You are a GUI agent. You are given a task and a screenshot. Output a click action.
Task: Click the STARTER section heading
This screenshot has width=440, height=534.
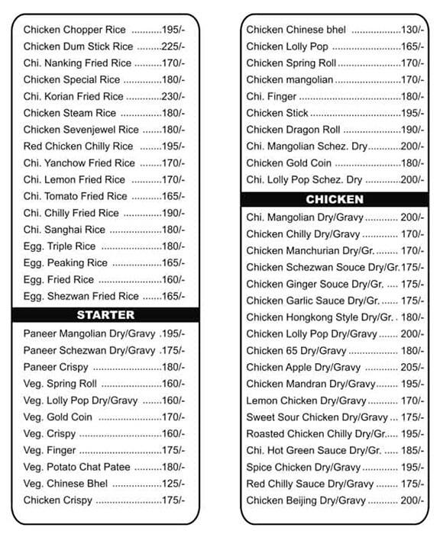pyautogui.click(x=105, y=315)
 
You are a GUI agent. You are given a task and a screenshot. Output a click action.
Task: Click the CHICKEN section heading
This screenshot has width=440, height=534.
pyautogui.click(x=335, y=200)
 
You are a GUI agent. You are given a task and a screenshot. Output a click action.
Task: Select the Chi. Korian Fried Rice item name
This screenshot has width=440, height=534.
pyautogui.click(x=73, y=97)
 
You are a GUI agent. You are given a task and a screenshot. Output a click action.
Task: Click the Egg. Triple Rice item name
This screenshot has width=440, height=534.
pyautogui.click(x=60, y=246)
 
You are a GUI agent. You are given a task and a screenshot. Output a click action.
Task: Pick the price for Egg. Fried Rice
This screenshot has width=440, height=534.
pyautogui.click(x=173, y=280)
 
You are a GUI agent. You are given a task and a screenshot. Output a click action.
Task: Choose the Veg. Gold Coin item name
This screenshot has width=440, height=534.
pyautogui.click(x=57, y=417)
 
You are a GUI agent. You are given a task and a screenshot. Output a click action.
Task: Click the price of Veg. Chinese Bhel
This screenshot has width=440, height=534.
pyautogui.click(x=173, y=484)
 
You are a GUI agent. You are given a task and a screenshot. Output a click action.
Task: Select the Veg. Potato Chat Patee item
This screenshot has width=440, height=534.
pyautogui.click(x=77, y=467)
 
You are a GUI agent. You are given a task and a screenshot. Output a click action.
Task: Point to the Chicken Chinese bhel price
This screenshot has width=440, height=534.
pyautogui.click(x=412, y=30)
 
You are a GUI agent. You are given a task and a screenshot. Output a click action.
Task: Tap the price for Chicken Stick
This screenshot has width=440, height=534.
pyautogui.click(x=412, y=113)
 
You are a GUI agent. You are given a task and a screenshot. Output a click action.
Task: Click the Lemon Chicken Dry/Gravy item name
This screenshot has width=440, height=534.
pyautogui.click(x=306, y=400)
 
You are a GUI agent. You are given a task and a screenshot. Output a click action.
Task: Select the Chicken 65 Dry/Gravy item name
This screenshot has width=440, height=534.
pyautogui.click(x=296, y=350)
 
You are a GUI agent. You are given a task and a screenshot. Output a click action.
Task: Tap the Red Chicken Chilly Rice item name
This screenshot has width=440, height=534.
pyautogui.click(x=78, y=146)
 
